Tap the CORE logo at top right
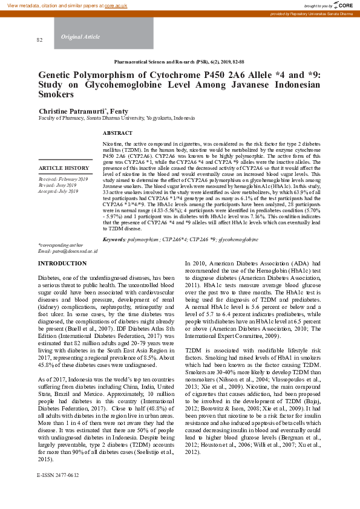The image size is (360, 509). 342,5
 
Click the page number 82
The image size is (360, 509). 40,40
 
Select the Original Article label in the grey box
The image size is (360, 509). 80,37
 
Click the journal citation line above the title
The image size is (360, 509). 179,62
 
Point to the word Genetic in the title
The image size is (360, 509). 56,74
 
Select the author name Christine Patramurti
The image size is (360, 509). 72,111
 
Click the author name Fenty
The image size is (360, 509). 119,111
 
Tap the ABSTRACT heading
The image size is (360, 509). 117,132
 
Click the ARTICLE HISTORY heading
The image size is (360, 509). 64,168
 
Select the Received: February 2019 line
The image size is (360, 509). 63,180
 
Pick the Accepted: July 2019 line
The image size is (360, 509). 59,191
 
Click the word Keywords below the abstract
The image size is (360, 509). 114,239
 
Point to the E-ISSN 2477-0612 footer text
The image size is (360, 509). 57,493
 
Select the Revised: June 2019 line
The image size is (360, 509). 57,186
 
